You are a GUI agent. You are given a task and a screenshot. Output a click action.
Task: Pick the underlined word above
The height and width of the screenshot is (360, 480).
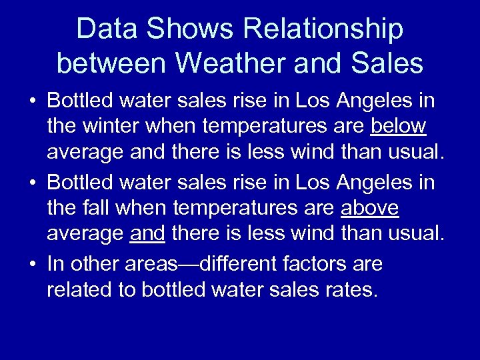point(369,209)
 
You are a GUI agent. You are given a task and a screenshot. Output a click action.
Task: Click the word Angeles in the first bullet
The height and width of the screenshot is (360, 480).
point(371,101)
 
